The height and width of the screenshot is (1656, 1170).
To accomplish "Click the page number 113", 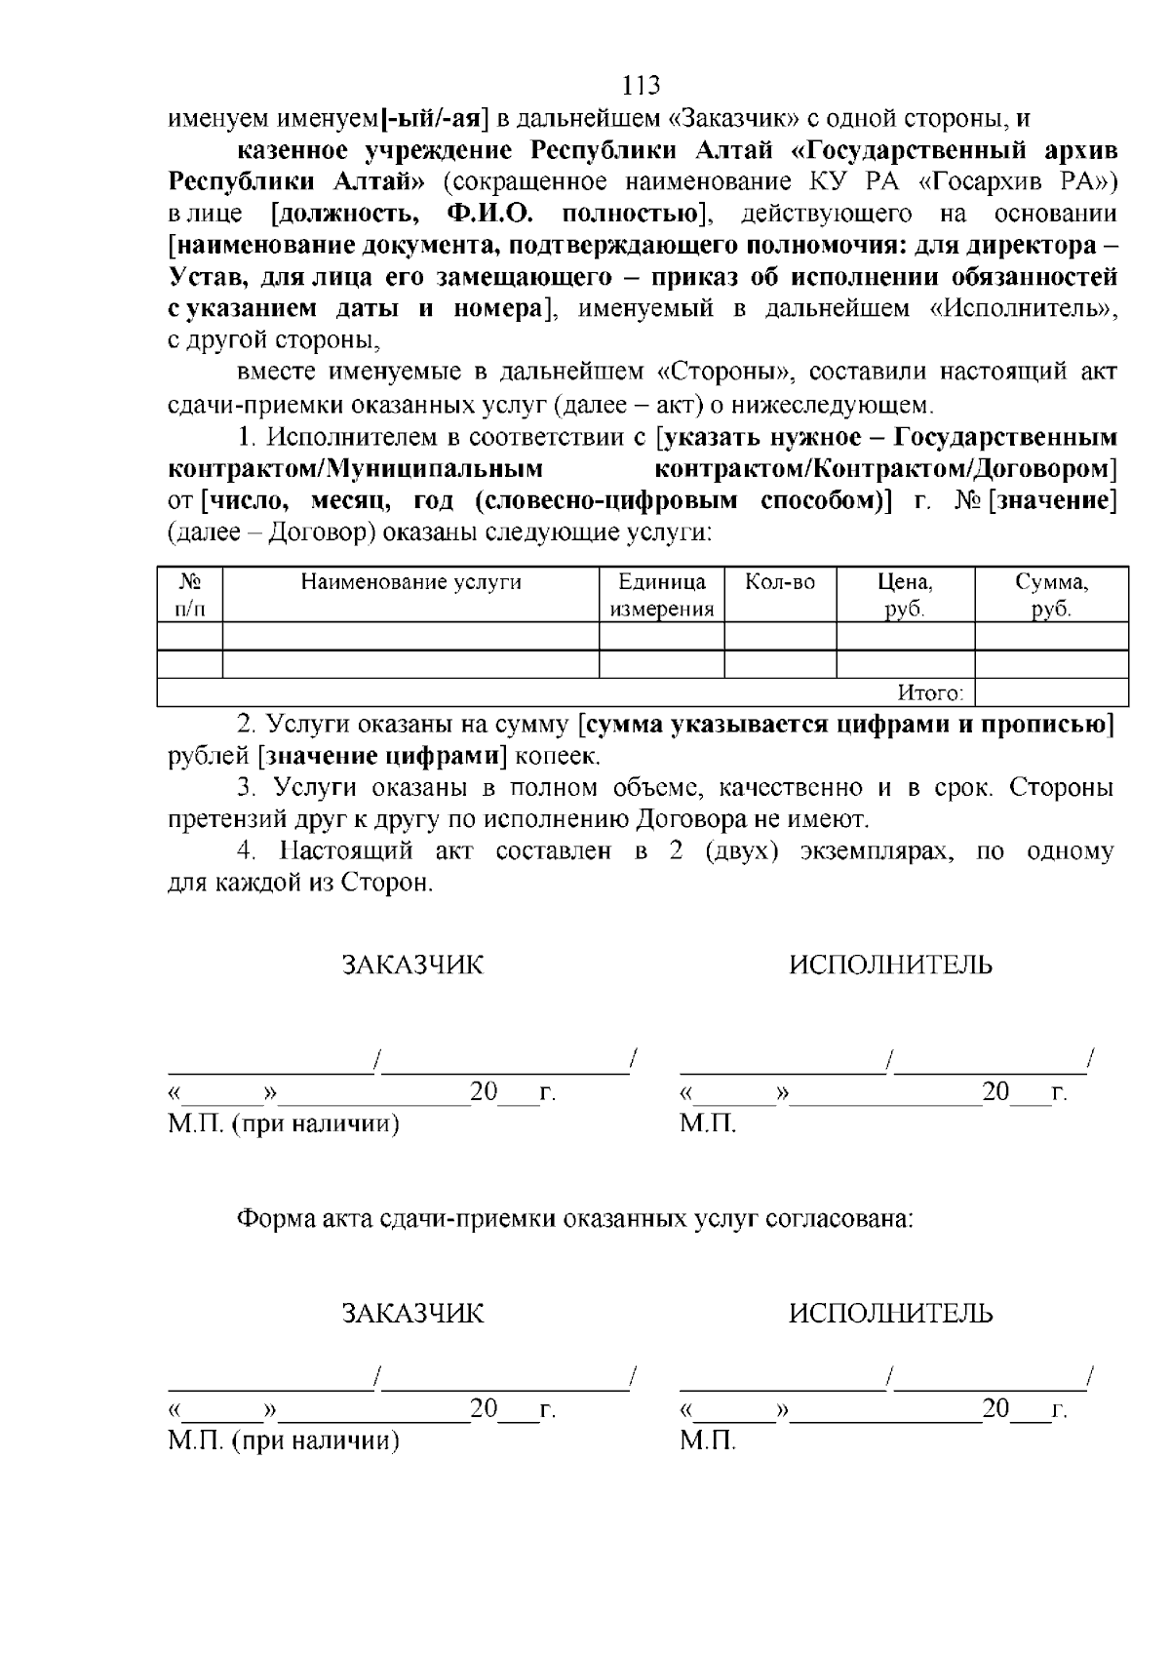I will tap(641, 86).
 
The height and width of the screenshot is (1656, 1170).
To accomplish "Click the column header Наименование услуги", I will tap(410, 582).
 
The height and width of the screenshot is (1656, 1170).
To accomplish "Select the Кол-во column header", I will tap(779, 582).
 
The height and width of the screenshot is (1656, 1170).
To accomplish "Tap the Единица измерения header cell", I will tap(661, 595).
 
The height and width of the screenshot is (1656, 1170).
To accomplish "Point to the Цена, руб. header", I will tap(905, 595).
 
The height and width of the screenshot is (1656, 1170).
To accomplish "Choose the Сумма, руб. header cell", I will tap(1051, 595).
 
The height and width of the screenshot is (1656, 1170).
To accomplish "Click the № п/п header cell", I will tap(190, 595).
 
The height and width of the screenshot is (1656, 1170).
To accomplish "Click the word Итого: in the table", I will tap(930, 693).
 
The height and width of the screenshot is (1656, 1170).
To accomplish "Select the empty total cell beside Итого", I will tap(1051, 693).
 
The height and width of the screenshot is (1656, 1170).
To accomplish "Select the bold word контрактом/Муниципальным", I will tap(355, 468).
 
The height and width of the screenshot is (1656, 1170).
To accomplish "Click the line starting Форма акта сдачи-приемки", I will tap(575, 1219).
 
